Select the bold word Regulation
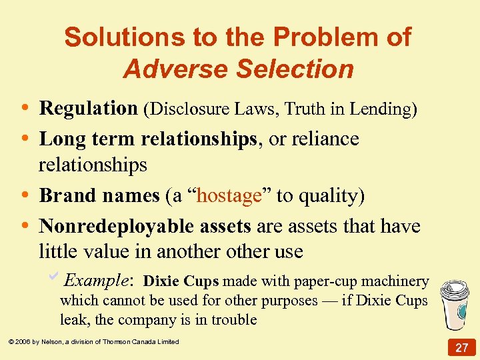(88, 108)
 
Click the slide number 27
(461, 347)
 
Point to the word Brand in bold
(64, 195)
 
